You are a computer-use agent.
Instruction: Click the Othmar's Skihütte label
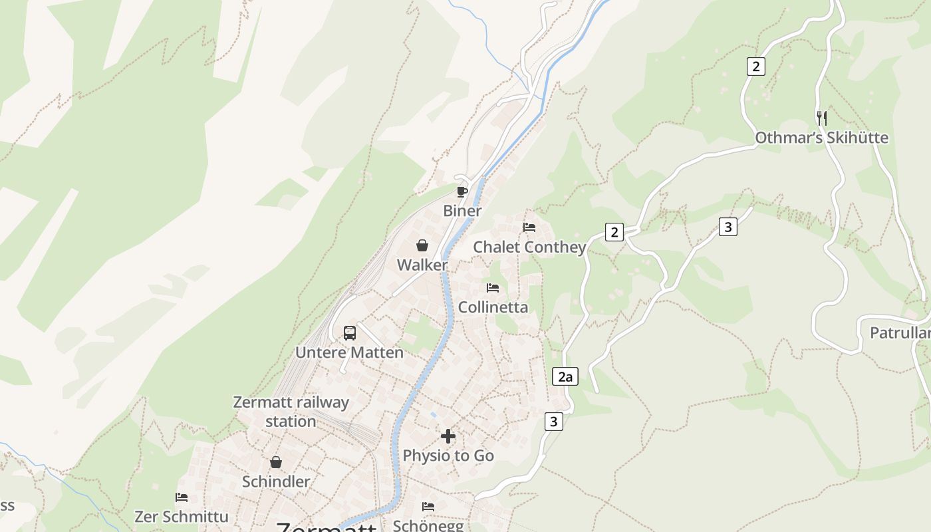click(x=821, y=138)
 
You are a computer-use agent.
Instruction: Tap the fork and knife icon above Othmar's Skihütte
click(x=822, y=118)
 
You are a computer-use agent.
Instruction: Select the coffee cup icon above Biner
click(x=462, y=192)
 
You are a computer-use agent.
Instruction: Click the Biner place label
click(x=462, y=211)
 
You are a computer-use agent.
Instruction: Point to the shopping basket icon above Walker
click(x=422, y=245)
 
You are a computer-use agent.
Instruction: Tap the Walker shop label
click(x=422, y=265)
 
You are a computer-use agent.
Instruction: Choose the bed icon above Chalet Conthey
click(x=529, y=227)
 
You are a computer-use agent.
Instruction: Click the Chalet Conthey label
click(x=529, y=247)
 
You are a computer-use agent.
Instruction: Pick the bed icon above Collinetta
click(x=493, y=288)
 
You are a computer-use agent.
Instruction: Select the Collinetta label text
click(x=493, y=308)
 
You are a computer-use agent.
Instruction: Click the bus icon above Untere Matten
click(x=350, y=332)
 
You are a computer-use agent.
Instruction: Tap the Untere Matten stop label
click(x=349, y=352)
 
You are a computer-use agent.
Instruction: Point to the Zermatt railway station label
click(x=291, y=412)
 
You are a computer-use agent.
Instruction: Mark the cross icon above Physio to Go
click(x=448, y=436)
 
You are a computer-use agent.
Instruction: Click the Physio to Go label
click(x=448, y=456)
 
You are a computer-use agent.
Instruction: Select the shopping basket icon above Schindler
click(x=276, y=462)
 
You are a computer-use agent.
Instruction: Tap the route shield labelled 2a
click(x=565, y=377)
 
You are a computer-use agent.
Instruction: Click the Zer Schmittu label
click(x=181, y=517)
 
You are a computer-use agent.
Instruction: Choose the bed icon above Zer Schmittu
click(x=182, y=497)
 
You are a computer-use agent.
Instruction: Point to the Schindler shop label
click(x=276, y=482)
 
